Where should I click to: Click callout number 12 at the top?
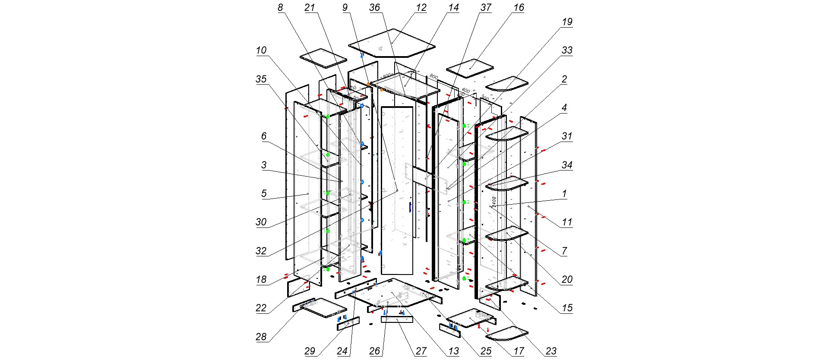tap(421, 8)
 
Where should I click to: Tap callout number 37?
tap(486, 8)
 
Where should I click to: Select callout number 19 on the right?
tap(566, 22)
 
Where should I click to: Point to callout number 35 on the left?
tap(261, 79)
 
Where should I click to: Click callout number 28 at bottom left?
tap(261, 337)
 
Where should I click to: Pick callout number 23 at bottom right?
tap(551, 351)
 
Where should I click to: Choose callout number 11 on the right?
tap(566, 222)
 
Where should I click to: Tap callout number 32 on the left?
tap(261, 251)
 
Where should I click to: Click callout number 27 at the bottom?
tap(421, 351)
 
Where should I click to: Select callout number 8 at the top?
tap(281, 8)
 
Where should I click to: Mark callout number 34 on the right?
tap(566, 165)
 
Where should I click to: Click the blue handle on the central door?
tap(410, 207)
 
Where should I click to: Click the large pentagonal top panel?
tap(391, 43)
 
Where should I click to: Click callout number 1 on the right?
tap(564, 194)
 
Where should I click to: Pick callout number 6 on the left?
tap(264, 136)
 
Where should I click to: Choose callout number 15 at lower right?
tap(566, 308)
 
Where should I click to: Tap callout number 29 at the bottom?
tap(310, 351)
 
